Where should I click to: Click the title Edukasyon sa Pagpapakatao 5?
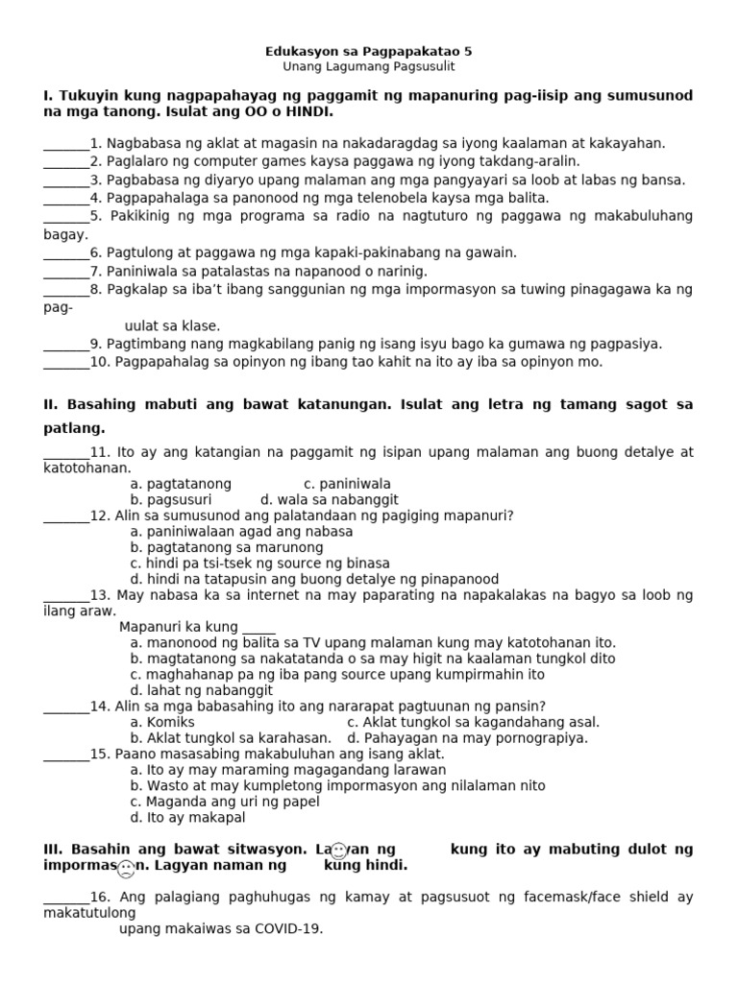coord(369,51)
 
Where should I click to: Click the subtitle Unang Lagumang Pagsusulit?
coord(369,67)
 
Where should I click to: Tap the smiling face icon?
coord(338,851)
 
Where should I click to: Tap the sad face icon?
coord(126,870)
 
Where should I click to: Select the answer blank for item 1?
coord(66,145)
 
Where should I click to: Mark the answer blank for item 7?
coord(66,273)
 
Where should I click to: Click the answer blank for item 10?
coord(66,364)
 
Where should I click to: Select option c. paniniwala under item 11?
coord(347,484)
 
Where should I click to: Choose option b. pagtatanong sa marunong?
coord(227,547)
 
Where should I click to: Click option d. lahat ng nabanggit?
coord(202,690)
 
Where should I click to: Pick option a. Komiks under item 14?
coord(162,722)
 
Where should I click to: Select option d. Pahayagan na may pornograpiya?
coord(467,738)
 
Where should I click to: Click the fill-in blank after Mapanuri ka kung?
coord(258,629)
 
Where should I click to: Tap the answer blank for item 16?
coord(66,899)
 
